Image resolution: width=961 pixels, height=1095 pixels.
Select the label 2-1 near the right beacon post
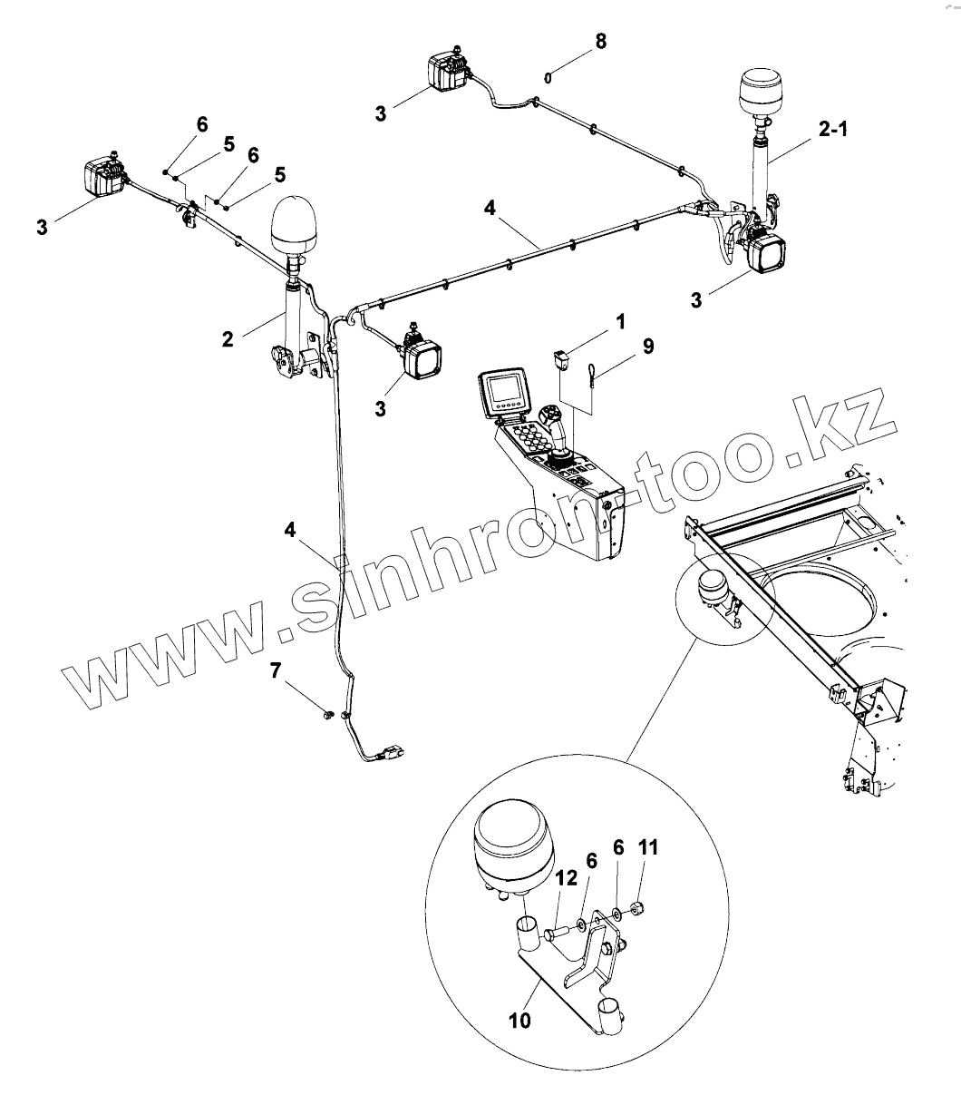point(832,130)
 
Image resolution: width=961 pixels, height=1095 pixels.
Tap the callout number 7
point(276,672)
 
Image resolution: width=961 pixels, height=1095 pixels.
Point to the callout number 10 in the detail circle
point(519,1021)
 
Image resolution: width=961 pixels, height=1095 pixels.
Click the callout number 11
point(648,847)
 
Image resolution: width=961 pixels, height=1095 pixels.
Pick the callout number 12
point(567,877)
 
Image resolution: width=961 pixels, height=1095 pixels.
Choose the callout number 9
point(647,346)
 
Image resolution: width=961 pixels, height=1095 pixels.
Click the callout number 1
point(620,321)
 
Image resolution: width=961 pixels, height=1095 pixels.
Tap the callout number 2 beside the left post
point(228,338)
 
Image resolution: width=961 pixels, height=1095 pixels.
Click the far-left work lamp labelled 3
point(104,174)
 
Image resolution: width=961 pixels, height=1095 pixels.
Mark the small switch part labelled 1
point(561,359)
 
